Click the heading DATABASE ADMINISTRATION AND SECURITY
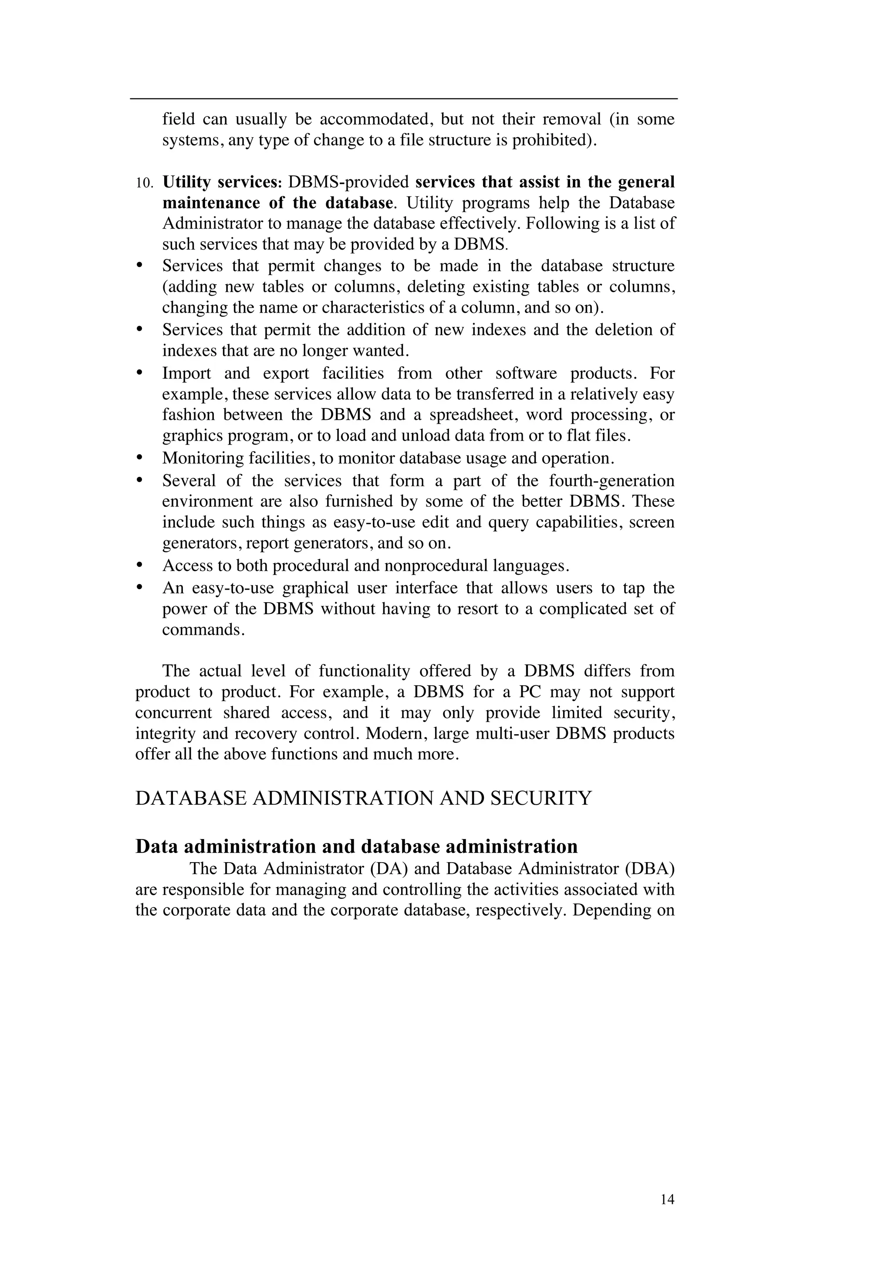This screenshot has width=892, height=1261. pos(363,798)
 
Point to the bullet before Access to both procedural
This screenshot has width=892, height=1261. pos(139,565)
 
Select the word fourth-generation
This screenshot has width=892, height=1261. pos(612,481)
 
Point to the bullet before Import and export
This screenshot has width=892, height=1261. pos(139,373)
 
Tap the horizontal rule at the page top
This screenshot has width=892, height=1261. pos(404,99)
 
